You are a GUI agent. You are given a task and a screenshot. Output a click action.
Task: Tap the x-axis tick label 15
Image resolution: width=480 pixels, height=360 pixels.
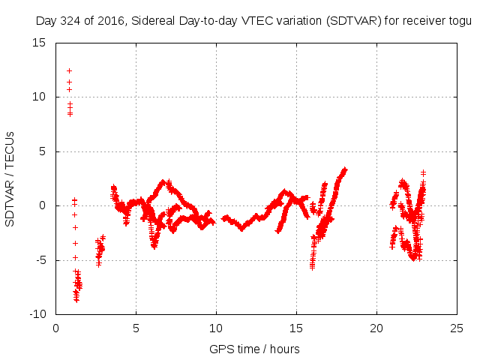point(297,328)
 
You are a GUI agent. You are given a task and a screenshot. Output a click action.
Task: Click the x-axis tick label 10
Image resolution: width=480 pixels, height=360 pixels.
point(217,328)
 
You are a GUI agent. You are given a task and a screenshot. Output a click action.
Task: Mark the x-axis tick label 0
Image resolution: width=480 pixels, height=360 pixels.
point(56,328)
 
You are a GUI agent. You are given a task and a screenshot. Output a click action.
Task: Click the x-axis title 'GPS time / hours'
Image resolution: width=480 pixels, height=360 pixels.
point(255,349)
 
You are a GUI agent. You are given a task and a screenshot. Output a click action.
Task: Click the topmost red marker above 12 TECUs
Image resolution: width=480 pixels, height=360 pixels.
point(69,70)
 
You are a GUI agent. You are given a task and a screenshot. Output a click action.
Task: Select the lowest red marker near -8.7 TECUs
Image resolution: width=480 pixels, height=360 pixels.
point(76,299)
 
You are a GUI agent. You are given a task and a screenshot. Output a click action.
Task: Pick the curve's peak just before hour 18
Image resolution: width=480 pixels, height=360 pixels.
point(345,169)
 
